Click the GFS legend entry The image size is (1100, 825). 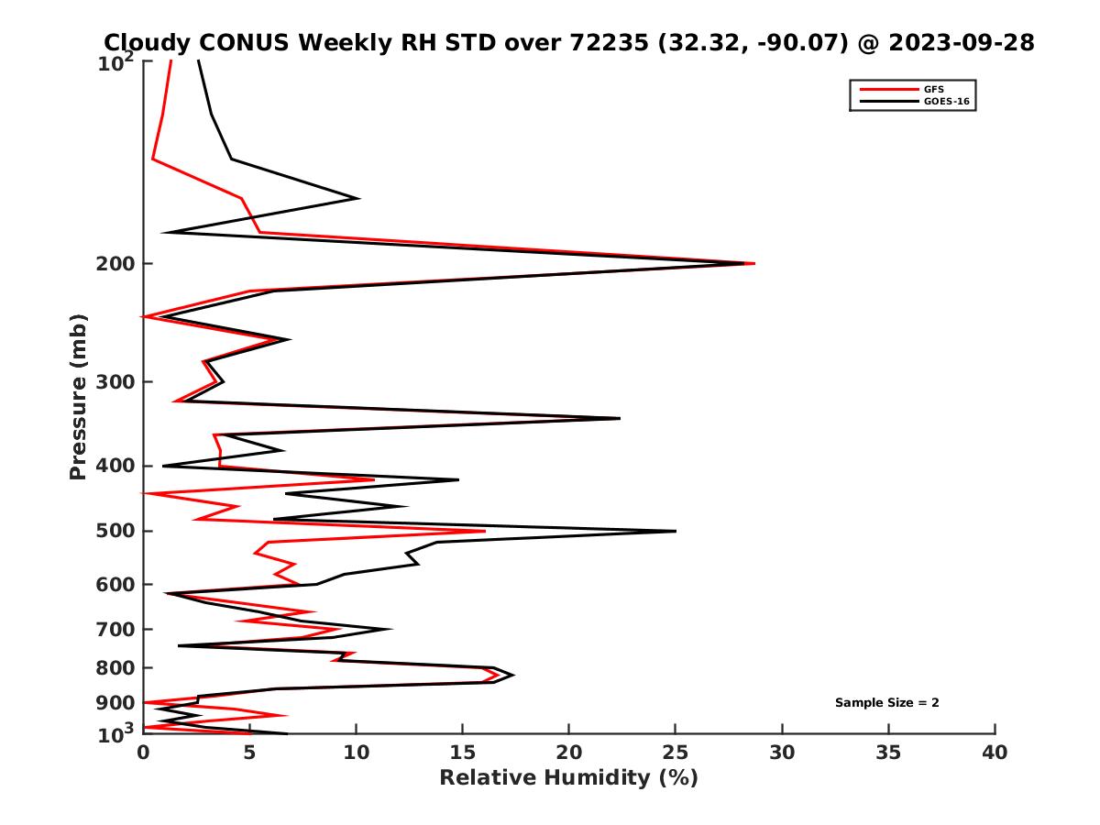[x=934, y=89]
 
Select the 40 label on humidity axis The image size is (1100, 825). [x=995, y=753]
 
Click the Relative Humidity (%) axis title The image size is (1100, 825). [x=568, y=778]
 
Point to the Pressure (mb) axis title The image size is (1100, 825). [x=78, y=397]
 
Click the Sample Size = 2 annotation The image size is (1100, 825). [x=886, y=703]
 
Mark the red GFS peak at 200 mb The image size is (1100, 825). [x=753, y=263]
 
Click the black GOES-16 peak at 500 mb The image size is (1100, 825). [x=676, y=531]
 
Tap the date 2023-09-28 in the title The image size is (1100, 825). [x=945, y=42]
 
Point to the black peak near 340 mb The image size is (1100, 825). [x=620, y=418]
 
